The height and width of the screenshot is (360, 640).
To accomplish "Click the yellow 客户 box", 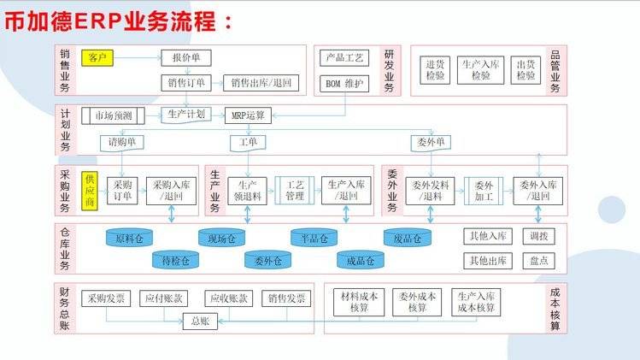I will [x=97, y=58].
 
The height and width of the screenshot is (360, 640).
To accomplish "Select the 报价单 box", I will [x=185, y=58].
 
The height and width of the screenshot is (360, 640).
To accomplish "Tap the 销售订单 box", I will [x=185, y=83].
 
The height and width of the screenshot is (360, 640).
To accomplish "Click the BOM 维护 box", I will [x=344, y=83].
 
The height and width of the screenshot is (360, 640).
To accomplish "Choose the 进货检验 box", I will [x=435, y=70].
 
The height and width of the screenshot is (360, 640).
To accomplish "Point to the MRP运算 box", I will [x=249, y=114].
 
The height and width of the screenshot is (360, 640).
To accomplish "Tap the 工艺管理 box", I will [x=296, y=190].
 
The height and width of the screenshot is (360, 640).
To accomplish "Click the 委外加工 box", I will [x=484, y=190].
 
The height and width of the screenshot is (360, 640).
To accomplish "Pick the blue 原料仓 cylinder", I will [x=128, y=237].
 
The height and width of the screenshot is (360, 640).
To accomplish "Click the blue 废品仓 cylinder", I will [x=406, y=237].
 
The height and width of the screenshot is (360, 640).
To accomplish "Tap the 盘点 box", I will [x=538, y=260].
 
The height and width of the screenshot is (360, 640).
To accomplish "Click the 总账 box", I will [x=200, y=322].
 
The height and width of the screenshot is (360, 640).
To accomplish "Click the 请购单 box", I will [x=122, y=141].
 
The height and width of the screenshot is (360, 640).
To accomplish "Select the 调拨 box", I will [x=538, y=236].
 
